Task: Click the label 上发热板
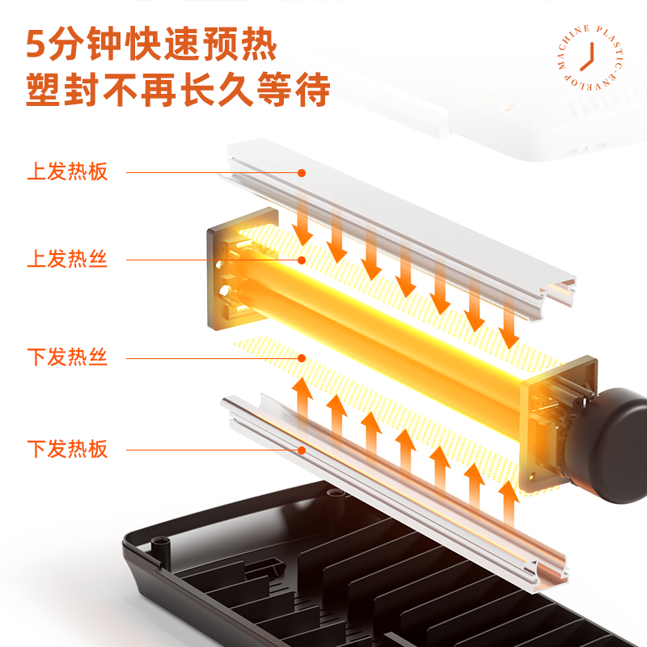pos(67,172)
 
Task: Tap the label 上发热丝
pos(67,260)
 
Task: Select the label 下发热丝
pos(67,357)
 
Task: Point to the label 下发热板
pos(67,449)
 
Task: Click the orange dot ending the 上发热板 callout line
pos(302,172)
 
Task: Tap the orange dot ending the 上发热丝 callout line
pos(302,260)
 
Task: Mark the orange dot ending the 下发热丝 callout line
pos(302,357)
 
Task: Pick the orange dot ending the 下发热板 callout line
pos(302,450)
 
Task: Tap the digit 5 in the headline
pos(36,44)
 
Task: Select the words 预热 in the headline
pos(247,44)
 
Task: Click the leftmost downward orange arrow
pos(302,218)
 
